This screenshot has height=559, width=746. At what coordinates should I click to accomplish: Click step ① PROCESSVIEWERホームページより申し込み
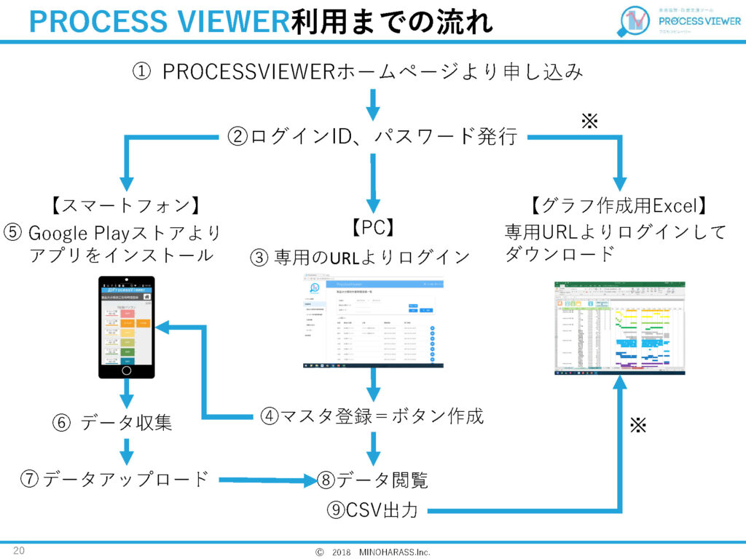point(358,72)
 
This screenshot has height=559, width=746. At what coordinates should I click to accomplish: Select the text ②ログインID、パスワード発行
point(372,136)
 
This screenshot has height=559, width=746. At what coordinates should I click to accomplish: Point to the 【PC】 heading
point(372,229)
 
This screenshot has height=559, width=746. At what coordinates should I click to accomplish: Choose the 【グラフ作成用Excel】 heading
point(618,206)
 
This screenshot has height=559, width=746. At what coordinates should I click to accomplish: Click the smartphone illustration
point(127,327)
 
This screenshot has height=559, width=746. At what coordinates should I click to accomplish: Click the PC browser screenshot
point(372,323)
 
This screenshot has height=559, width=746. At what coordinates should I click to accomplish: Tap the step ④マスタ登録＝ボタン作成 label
point(372,416)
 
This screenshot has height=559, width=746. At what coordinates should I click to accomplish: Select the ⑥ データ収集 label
point(112,422)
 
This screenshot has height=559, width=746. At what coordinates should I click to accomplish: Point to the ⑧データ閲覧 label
point(372,480)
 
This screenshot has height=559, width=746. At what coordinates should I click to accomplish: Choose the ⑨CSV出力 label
point(372,510)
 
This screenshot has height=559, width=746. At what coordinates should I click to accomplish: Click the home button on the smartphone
point(127,369)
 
